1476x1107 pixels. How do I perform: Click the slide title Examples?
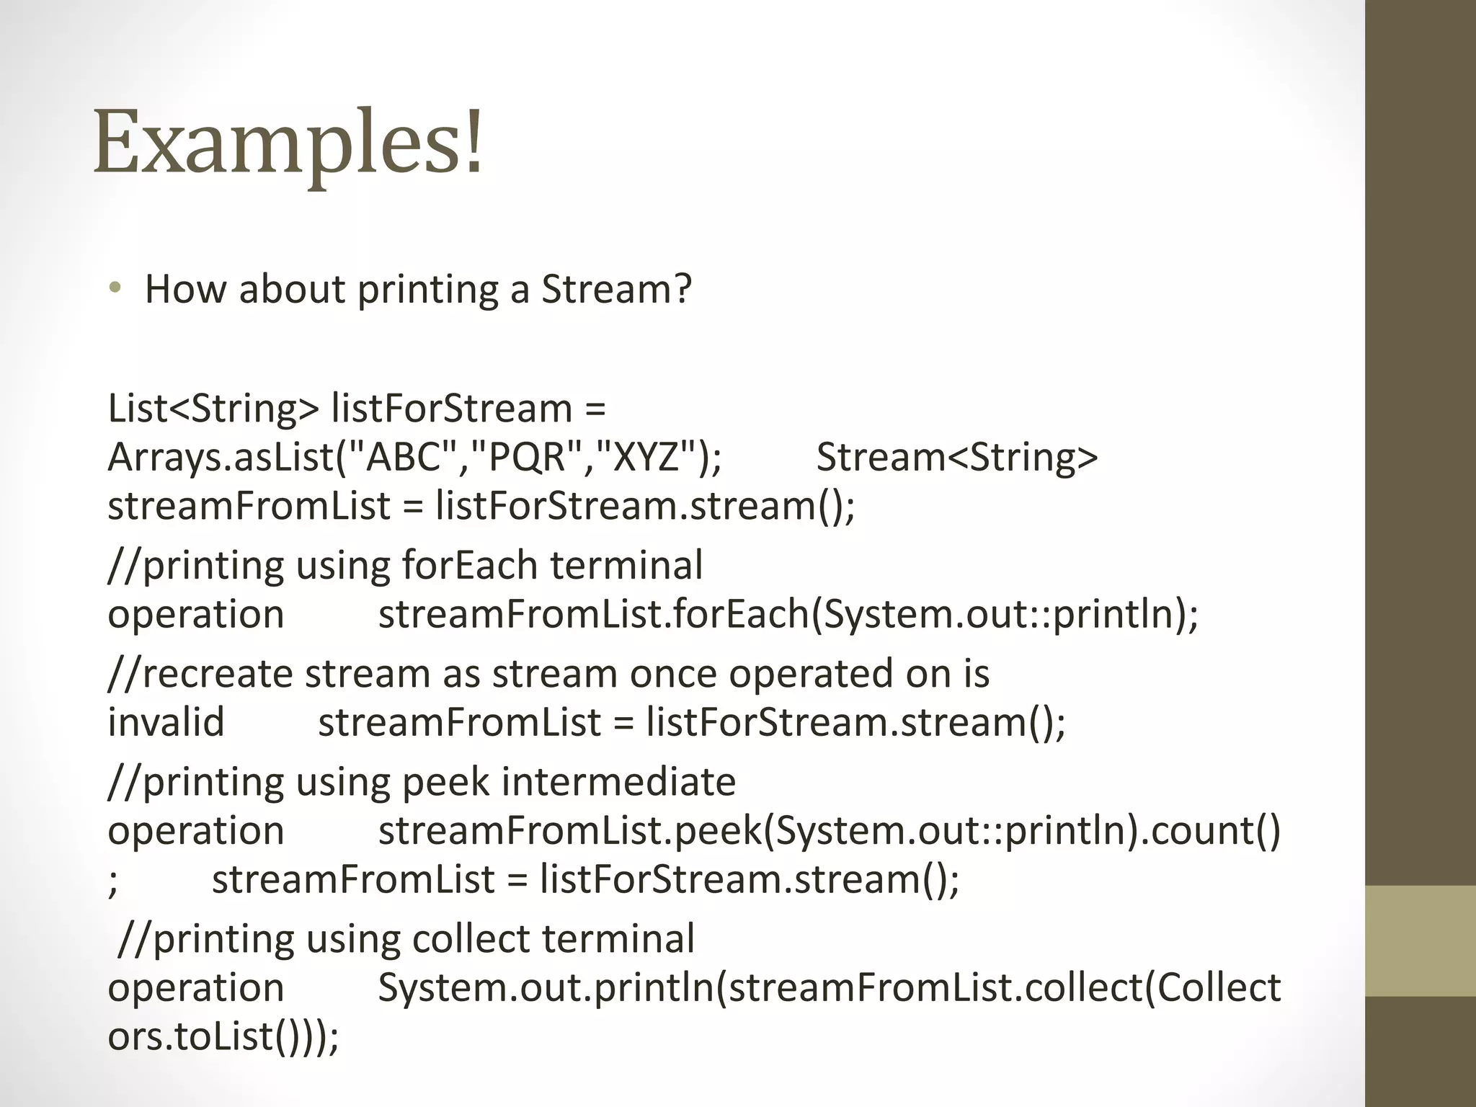(x=288, y=143)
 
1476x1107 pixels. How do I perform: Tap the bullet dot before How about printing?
(x=115, y=289)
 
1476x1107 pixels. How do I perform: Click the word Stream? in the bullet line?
(x=616, y=289)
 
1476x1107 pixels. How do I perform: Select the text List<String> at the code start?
(x=213, y=409)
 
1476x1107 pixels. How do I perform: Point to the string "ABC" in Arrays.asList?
(x=404, y=457)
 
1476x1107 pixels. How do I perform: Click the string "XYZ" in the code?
(x=646, y=457)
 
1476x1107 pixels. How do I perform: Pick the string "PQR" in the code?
(x=527, y=457)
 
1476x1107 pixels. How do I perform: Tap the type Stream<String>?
(x=956, y=457)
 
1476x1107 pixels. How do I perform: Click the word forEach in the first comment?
(x=469, y=565)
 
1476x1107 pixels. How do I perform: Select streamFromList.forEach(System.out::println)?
(x=788, y=614)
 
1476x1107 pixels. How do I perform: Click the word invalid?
(x=166, y=722)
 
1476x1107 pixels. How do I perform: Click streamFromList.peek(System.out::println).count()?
(x=829, y=831)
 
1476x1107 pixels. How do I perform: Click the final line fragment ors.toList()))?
(x=223, y=1036)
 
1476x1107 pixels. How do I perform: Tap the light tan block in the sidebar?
(x=1421, y=941)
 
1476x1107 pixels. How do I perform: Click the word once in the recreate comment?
(x=673, y=674)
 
